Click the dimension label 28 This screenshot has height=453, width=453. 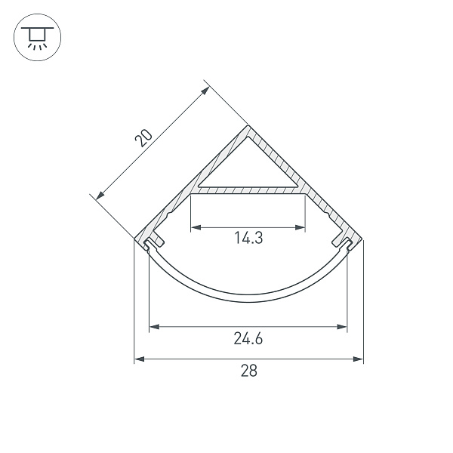click(x=248, y=371)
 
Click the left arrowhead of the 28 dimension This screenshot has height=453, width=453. click(x=138, y=359)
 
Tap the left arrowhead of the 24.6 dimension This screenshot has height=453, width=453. click(x=153, y=327)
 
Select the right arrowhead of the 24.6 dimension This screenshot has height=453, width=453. click(x=344, y=327)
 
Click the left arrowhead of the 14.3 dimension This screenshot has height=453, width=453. click(x=194, y=226)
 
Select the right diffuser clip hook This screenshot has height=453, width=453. click(x=341, y=241)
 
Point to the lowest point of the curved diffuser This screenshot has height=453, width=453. click(x=248, y=300)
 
